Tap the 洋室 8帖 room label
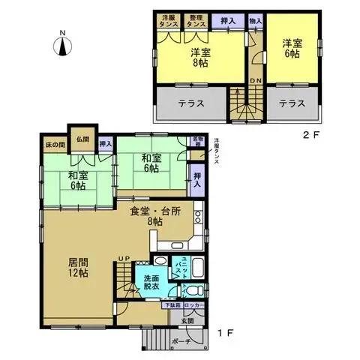(199, 58)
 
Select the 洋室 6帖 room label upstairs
(291, 49)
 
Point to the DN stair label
(254, 81)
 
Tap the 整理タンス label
(196, 22)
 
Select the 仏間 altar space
(82, 139)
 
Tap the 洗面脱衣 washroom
(151, 283)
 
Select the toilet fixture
(192, 291)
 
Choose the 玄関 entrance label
(185, 321)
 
